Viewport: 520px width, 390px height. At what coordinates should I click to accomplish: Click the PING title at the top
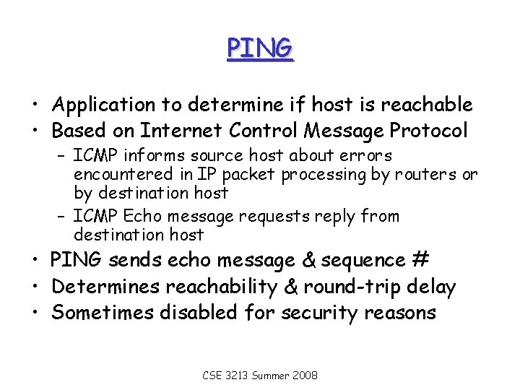(x=260, y=48)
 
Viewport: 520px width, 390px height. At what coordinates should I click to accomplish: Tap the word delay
(x=431, y=287)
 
